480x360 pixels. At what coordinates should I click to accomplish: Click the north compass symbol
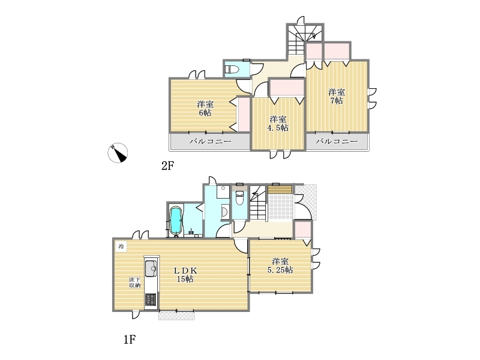tap(118, 152)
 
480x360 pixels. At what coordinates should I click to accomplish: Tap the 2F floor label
tap(167, 166)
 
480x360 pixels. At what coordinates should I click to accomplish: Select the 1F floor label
tap(130, 339)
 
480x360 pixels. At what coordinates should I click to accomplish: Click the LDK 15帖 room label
tap(185, 275)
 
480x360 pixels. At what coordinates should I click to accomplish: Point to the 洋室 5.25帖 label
tap(280, 266)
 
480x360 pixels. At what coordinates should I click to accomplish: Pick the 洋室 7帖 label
tap(337, 96)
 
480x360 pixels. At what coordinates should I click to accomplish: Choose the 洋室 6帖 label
tap(205, 109)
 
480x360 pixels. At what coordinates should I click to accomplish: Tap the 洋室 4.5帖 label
tap(278, 124)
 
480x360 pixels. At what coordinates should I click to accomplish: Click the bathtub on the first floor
tap(176, 220)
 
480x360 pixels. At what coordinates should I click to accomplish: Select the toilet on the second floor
tap(232, 69)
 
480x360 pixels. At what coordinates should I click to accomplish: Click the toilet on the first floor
tap(239, 198)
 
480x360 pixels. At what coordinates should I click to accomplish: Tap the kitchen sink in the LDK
tap(151, 268)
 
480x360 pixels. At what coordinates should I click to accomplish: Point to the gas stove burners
tap(151, 299)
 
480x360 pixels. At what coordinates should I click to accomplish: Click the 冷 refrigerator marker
tap(121, 246)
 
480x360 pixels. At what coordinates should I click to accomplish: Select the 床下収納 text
tap(134, 282)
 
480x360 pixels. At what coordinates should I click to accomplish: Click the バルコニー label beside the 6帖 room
tap(211, 142)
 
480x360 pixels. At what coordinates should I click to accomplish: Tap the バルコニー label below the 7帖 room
tap(337, 141)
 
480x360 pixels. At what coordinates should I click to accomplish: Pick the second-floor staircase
tap(305, 40)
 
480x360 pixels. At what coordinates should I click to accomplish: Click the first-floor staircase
tap(258, 202)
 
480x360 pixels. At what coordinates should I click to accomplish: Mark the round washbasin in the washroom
tap(224, 211)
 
